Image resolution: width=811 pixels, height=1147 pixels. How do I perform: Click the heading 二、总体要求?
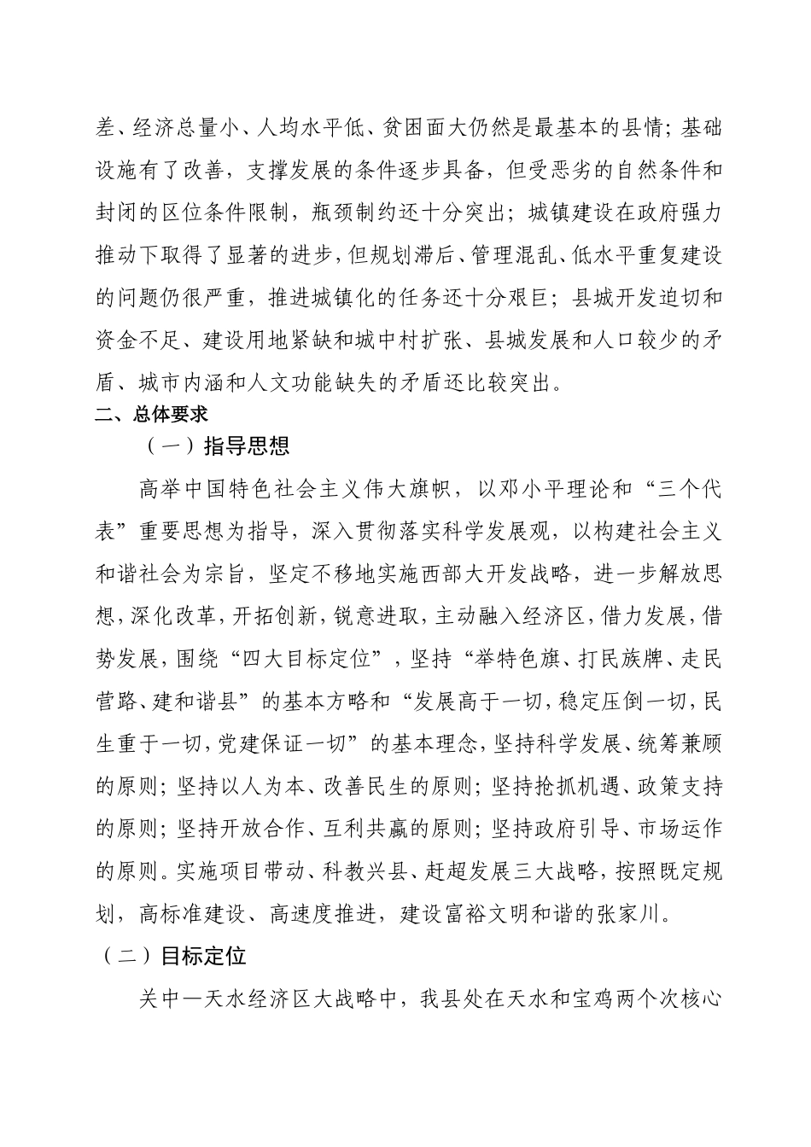coord(151,416)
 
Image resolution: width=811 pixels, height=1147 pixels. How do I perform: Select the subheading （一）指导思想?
coord(218,445)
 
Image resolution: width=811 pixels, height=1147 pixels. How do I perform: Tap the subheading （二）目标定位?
coord(174,955)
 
